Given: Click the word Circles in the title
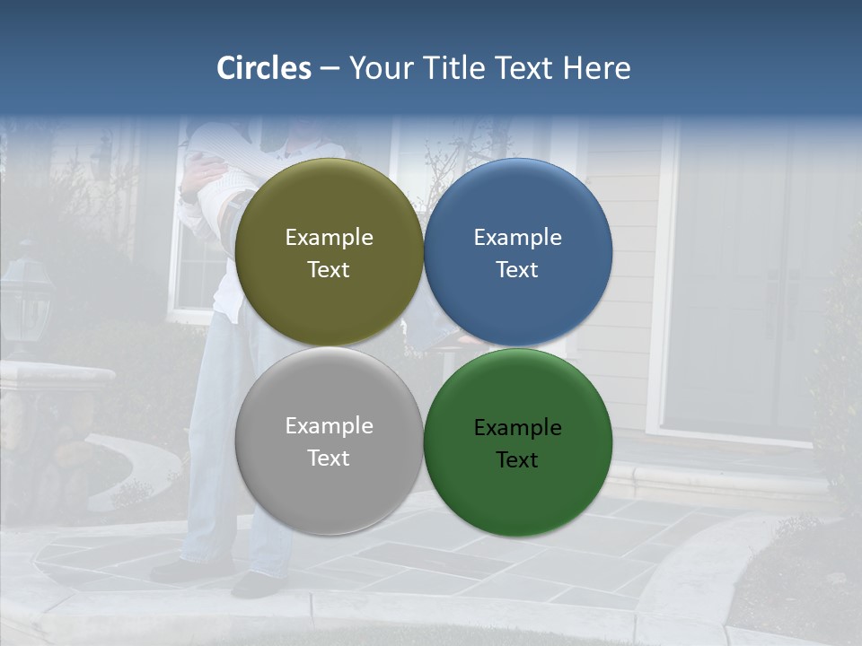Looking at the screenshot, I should [x=264, y=68].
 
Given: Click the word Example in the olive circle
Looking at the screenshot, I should [x=329, y=237].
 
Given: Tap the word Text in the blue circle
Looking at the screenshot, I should [x=517, y=269].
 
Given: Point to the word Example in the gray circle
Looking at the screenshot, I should [x=329, y=425].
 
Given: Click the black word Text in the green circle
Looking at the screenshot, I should [x=517, y=459].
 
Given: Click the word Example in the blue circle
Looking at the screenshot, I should [x=517, y=237].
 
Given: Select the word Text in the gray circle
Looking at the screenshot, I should [x=329, y=458].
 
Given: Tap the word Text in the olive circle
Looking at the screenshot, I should [x=329, y=269].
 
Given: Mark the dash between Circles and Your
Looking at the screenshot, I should [x=330, y=68].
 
